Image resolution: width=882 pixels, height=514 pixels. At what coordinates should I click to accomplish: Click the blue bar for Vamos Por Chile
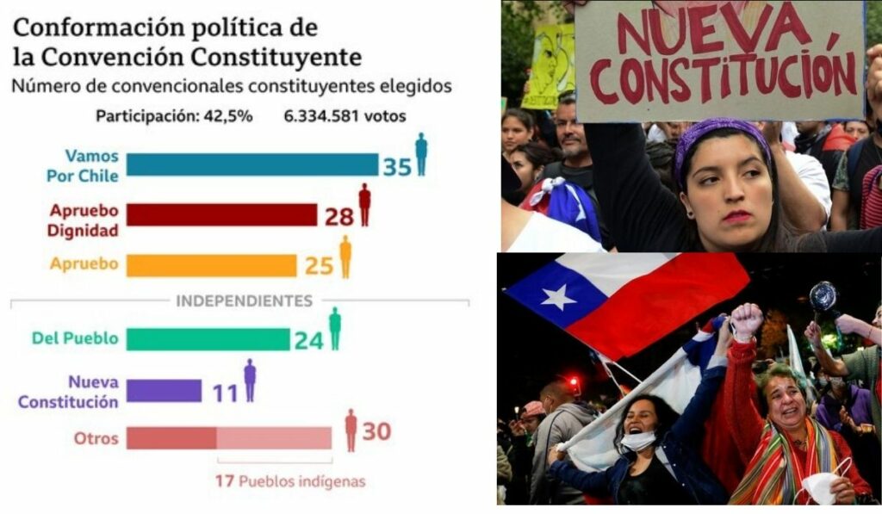252,164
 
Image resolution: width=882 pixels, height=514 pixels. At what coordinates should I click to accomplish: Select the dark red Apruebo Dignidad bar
221,214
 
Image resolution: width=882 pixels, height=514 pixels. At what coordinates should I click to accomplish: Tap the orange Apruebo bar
211,265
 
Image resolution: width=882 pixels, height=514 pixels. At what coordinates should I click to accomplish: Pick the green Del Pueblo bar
208,339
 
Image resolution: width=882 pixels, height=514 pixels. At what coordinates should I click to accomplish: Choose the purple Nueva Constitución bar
164,391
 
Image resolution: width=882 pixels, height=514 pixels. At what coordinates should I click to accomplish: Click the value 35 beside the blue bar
397,166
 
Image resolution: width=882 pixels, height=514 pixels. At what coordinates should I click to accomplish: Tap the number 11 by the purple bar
225,393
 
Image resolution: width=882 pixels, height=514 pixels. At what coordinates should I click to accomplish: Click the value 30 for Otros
376,430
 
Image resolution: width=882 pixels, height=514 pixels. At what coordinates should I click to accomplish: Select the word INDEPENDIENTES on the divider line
244,301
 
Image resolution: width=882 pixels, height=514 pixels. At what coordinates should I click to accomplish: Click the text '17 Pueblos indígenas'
289,481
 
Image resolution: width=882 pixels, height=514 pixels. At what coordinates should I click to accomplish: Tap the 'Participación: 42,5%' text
174,116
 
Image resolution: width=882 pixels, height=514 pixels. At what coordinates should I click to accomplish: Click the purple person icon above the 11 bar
250,380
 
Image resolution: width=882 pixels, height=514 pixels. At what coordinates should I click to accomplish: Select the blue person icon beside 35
421,153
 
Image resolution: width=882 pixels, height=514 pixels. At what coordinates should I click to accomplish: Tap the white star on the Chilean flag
557,297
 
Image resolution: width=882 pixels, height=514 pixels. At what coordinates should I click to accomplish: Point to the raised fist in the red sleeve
746,320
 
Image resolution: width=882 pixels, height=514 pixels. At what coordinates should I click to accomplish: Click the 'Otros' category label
96,437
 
